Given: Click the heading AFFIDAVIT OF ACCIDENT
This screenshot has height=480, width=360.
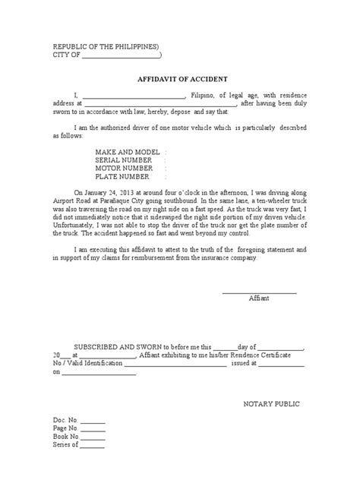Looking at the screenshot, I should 179,78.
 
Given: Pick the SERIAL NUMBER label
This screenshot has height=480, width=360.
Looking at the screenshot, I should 125,161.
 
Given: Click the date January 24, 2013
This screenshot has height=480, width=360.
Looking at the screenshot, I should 112,194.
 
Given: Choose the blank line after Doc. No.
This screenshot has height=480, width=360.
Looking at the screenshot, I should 93,421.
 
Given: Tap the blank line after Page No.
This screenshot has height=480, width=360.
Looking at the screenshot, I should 93,429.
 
